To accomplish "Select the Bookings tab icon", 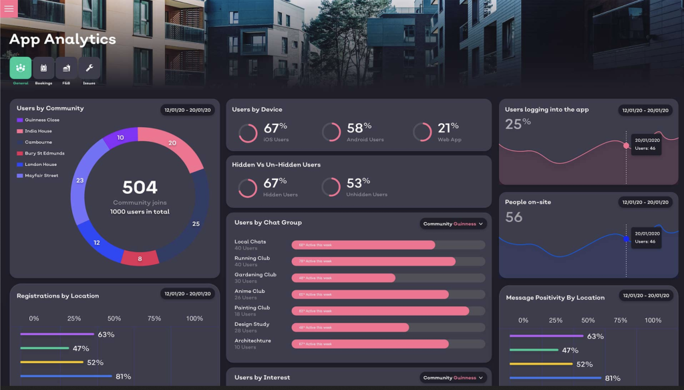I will pos(43,68).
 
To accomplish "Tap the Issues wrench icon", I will pos(90,68).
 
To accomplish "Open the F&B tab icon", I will pos(66,68).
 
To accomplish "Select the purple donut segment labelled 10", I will pos(120,138).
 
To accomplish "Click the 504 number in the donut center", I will pos(140,187).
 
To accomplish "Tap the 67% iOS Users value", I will pos(275,128).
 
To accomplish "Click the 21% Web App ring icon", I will pos(422,132).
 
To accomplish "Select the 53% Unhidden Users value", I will pos(358,183).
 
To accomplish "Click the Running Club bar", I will pos(373,262).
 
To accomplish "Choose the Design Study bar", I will pos(350,328).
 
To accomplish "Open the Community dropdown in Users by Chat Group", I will pos(454,224).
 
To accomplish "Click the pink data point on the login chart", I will pos(626,145).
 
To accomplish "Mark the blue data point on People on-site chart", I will pos(626,238).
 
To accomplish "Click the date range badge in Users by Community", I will pos(187,110).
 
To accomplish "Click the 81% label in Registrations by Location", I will pos(123,377).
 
